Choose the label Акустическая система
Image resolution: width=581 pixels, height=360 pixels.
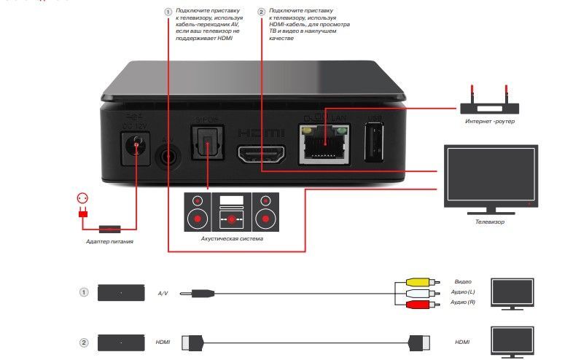[x=231, y=238]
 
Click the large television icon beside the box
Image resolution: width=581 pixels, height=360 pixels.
[x=491, y=177]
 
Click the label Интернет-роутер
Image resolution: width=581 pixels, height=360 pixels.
[x=490, y=121]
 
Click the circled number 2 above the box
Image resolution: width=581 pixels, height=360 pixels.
[x=262, y=12]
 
